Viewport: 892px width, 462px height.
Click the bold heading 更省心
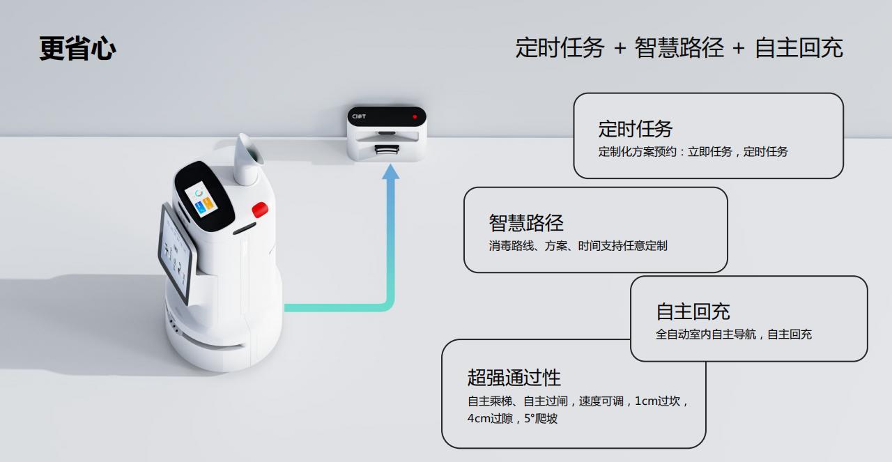pos(77,49)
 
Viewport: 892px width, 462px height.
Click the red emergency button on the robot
pos(260,210)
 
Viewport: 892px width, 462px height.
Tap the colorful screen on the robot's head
pos(201,199)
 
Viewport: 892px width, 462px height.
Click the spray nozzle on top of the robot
pos(247,160)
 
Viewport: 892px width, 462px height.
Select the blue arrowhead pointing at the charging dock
pos(391,172)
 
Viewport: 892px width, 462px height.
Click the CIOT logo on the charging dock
pos(359,116)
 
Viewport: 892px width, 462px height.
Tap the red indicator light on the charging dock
pos(415,116)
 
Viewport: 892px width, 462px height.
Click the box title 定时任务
pos(635,129)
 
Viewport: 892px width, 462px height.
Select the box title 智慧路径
pos(526,222)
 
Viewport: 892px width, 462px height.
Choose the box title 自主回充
pos(693,311)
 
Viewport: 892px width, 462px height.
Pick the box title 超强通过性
pos(514,378)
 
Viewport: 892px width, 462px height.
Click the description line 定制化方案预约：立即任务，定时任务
pos(693,152)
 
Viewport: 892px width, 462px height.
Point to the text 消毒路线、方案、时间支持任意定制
pos(578,246)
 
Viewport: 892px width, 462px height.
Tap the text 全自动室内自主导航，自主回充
pos(734,334)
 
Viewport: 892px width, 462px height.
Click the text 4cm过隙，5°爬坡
pos(512,418)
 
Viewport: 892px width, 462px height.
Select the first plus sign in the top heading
pos(620,49)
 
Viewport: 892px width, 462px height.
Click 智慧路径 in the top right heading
pos(679,48)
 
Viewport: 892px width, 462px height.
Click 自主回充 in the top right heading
pos(799,48)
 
